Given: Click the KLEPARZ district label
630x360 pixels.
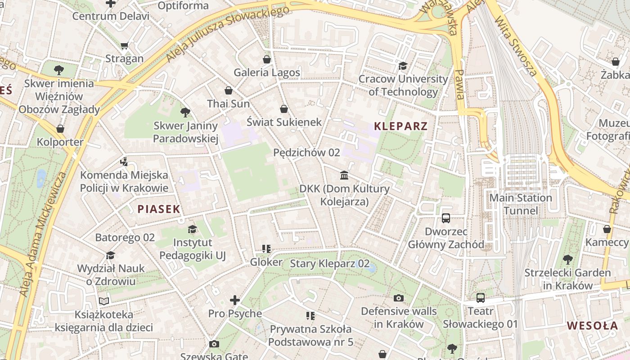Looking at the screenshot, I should [x=400, y=126].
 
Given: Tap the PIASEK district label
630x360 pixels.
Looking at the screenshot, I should [x=159, y=209].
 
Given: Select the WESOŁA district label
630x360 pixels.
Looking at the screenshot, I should [x=592, y=325].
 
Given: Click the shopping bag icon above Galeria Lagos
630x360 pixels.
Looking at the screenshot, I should [x=267, y=59].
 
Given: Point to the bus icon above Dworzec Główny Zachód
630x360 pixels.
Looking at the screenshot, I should [x=446, y=218].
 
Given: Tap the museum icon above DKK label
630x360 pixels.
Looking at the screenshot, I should [x=344, y=175].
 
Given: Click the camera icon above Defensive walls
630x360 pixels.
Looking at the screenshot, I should [x=398, y=298].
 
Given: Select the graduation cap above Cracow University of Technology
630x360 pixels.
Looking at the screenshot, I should [x=403, y=66].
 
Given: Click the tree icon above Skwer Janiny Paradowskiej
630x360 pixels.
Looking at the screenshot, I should [x=185, y=112].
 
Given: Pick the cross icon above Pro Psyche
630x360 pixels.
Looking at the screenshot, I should [x=235, y=300].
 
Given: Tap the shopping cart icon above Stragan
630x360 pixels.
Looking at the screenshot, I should [x=124, y=45].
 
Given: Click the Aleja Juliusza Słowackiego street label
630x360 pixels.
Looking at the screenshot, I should [x=227, y=34].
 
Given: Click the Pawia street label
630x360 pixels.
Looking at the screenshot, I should [x=459, y=84].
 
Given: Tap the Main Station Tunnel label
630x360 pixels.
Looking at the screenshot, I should [x=520, y=204].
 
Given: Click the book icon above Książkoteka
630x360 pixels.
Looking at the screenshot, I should [x=104, y=301].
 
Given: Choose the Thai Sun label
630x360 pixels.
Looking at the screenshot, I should [x=228, y=103].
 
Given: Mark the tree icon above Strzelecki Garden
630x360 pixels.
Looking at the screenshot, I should [x=567, y=260].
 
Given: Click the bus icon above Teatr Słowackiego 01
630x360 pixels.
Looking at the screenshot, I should [x=481, y=298].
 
